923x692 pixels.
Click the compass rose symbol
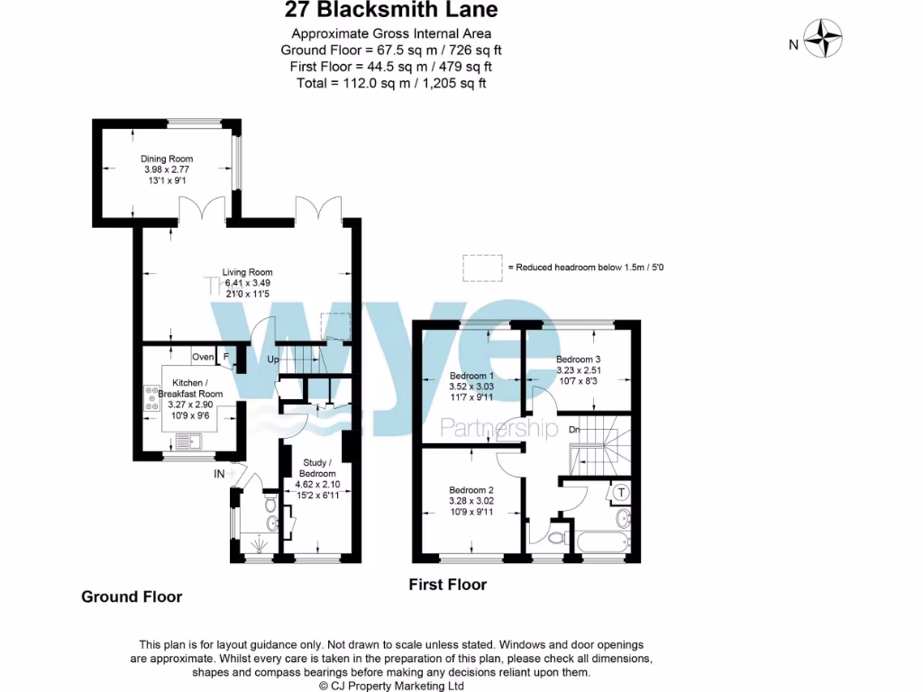pyautogui.click(x=823, y=40)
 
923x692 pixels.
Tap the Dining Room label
pyautogui.click(x=168, y=159)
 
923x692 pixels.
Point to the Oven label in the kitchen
pyautogui.click(x=203, y=358)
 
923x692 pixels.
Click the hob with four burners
pyautogui.click(x=149, y=398)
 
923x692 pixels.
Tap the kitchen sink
pyautogui.click(x=188, y=442)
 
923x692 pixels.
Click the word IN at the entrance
pyautogui.click(x=219, y=474)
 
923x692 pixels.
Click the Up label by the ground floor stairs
pyautogui.click(x=273, y=360)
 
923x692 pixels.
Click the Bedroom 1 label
pyautogui.click(x=471, y=376)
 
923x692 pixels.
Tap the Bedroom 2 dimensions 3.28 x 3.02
pyautogui.click(x=471, y=501)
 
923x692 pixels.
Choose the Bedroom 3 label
pyautogui.click(x=578, y=359)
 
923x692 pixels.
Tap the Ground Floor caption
pyautogui.click(x=132, y=596)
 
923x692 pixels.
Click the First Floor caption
pyautogui.click(x=448, y=585)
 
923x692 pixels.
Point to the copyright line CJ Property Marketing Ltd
pyautogui.click(x=391, y=686)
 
